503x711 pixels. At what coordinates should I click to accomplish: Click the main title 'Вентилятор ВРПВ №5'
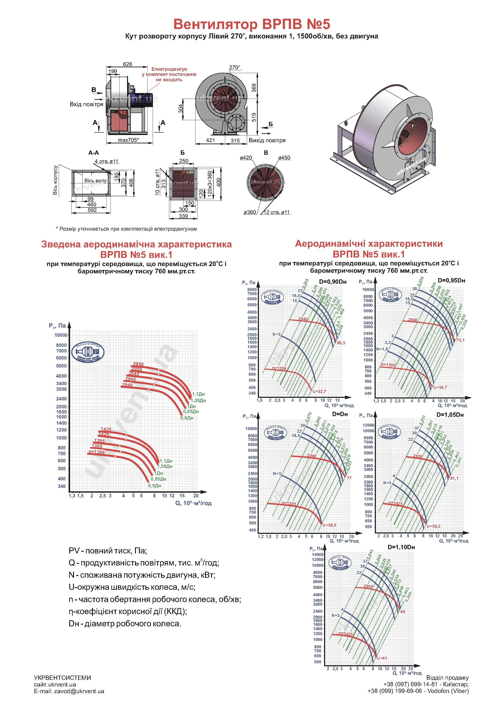coord(251,24)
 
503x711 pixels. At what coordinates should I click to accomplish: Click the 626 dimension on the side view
coord(127,64)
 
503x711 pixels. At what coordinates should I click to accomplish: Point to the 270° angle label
coord(235,67)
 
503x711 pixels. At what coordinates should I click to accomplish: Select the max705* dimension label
coord(128,140)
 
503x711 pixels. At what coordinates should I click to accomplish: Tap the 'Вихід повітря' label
coord(267,140)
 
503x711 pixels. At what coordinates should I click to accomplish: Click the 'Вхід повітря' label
coord(86,104)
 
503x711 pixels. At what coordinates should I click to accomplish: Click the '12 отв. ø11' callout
coord(277,212)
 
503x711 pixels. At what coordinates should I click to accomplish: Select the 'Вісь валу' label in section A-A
coord(95,181)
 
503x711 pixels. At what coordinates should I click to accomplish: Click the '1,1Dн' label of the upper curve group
coord(198,394)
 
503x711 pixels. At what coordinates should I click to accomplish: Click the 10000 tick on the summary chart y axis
coord(61,335)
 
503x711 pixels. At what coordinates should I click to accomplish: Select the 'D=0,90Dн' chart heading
coord(332,282)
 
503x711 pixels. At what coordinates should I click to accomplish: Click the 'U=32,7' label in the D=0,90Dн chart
coord(319,391)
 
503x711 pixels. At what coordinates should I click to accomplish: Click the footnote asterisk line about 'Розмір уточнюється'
coord(126,229)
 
